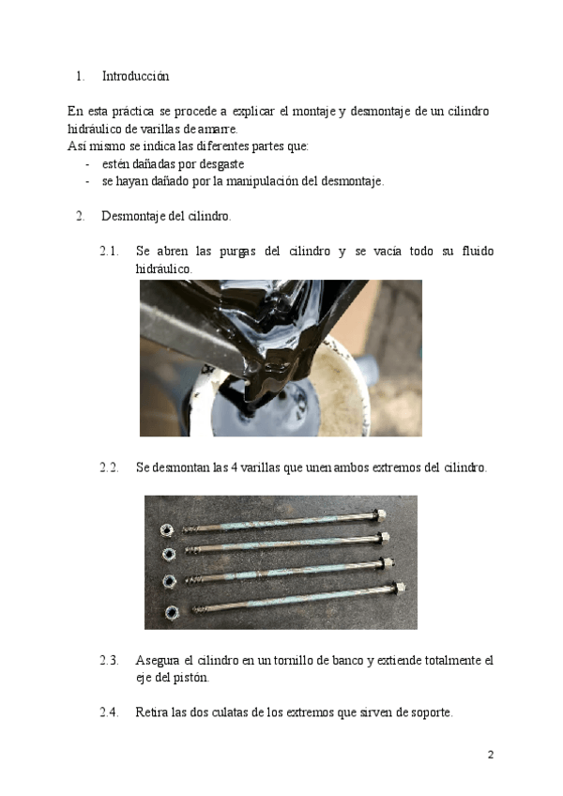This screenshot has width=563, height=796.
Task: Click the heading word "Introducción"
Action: [135, 76]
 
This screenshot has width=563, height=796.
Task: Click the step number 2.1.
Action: [109, 252]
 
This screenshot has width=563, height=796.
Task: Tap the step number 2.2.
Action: [109, 467]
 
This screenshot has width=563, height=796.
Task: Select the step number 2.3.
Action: [109, 661]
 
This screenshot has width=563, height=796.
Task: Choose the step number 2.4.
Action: [109, 712]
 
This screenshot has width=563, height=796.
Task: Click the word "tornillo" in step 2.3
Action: [288, 661]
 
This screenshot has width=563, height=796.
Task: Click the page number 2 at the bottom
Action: [490, 756]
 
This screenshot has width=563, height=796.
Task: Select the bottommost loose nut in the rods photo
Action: [172, 613]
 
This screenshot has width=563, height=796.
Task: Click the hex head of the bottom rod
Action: [397, 589]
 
